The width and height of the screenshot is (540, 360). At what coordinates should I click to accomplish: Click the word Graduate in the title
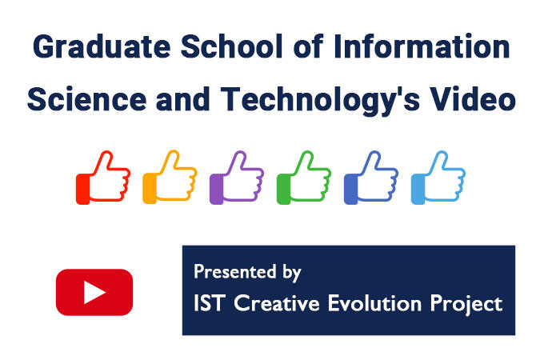102,46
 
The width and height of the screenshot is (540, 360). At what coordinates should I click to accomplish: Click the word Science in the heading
86,99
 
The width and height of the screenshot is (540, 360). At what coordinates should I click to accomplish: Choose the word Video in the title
473,99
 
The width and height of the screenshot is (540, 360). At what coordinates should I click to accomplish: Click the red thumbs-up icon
103,178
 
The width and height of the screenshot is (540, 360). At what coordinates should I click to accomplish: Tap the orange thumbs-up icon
170,177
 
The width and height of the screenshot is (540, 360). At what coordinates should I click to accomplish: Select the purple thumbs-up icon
237,178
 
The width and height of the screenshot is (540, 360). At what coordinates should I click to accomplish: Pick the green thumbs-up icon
304,178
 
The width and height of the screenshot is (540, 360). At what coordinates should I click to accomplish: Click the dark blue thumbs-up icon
371,178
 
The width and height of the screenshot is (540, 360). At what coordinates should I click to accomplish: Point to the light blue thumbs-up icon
438,178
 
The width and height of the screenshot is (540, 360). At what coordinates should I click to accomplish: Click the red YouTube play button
94,292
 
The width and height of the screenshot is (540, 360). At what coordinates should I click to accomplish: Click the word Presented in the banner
235,271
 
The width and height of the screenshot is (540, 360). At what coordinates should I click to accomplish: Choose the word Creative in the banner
277,303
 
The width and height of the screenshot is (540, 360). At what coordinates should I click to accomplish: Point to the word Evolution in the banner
374,303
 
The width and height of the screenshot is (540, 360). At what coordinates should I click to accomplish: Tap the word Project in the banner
466,305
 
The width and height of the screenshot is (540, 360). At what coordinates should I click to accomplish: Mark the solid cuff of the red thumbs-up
83,189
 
